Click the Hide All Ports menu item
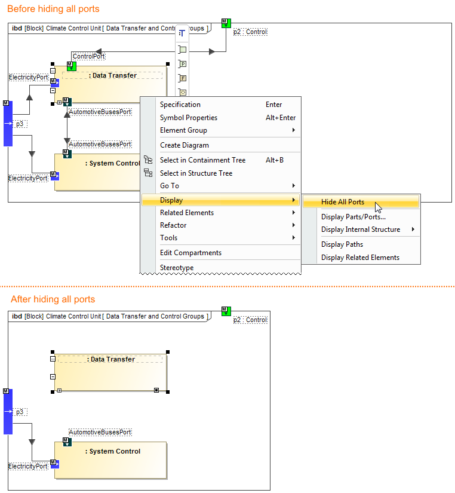pyautogui.click(x=342, y=202)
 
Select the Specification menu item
pyautogui.click(x=180, y=105)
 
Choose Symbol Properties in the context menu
pyautogui.click(x=188, y=118)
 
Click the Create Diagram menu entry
pyautogui.click(x=184, y=145)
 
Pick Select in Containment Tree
pyautogui.click(x=202, y=160)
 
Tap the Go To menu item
pyautogui.click(x=169, y=186)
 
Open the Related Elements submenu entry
pyautogui.click(x=186, y=213)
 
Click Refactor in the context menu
pyautogui.click(x=173, y=225)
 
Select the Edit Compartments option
pyautogui.click(x=190, y=253)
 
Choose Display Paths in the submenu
pyautogui.click(x=342, y=244)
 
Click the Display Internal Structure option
pyautogui.click(x=360, y=229)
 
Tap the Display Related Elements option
pyautogui.click(x=360, y=258)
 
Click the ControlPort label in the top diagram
pyautogui.click(x=88, y=56)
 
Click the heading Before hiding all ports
pyautogui.click(x=53, y=9)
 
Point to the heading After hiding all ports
pyautogui.click(x=53, y=299)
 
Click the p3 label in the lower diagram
pyautogui.click(x=20, y=412)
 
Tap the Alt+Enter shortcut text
pyautogui.click(x=280, y=118)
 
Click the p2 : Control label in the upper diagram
pyautogui.click(x=250, y=32)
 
